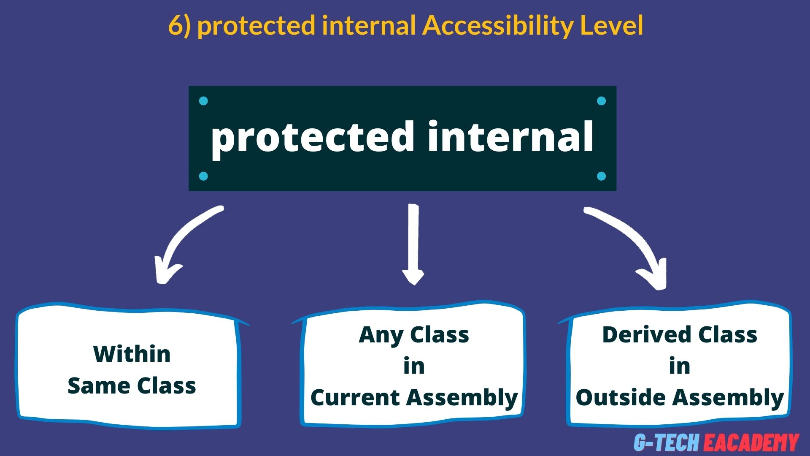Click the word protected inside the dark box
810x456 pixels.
point(312,137)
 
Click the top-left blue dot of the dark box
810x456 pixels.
point(203,101)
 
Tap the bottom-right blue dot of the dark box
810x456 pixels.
point(602,176)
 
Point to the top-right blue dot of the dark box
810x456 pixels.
point(602,101)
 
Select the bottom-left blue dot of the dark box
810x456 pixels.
point(203,176)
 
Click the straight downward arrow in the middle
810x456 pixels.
point(413,245)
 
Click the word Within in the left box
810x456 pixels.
point(132,354)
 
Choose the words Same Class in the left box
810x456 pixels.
point(132,385)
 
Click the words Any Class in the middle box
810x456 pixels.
point(413,335)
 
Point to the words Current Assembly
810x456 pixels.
point(413,398)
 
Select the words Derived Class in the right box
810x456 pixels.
point(679,335)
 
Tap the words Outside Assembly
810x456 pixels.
point(679,398)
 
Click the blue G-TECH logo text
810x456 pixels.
point(667,442)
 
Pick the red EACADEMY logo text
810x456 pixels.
point(751,442)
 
